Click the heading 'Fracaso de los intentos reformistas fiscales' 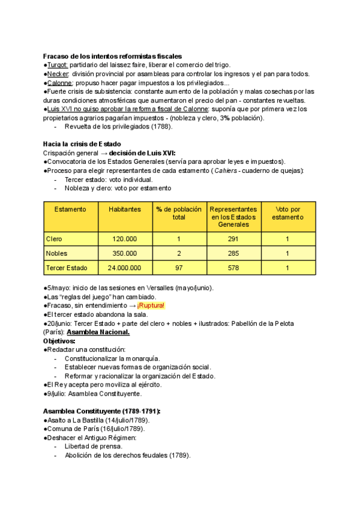[112, 56]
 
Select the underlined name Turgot [58, 65]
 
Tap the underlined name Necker [59, 74]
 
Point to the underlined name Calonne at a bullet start [60, 83]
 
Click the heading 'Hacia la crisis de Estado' [82, 144]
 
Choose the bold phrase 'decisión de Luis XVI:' [142, 153]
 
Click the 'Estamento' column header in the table [70, 209]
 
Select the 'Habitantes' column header [125, 209]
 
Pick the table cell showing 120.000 [125, 239]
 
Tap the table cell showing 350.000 [125, 253]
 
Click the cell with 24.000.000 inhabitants [125, 268]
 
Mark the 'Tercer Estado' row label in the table [67, 268]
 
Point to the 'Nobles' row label [57, 253]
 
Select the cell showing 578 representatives [233, 268]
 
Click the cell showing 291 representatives [233, 239]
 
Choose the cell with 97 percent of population [179, 268]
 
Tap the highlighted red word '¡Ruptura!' [151, 306]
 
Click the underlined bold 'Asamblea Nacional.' [98, 332]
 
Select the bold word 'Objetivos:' [59, 341]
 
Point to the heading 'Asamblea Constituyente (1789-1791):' [102, 411]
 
